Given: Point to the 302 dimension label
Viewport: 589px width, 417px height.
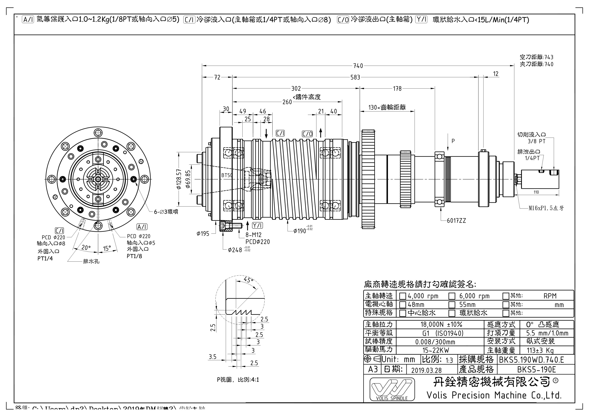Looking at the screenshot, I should pos(296,89).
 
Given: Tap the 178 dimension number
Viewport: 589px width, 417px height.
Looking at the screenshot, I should pos(397,89).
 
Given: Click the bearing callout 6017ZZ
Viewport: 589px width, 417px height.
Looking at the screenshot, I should pos(456,221).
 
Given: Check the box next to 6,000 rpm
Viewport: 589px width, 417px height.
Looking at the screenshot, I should pos(452,296).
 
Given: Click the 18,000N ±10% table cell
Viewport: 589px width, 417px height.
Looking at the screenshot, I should pos(441,325).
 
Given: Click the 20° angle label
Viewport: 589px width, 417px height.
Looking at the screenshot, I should pos(86,248).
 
